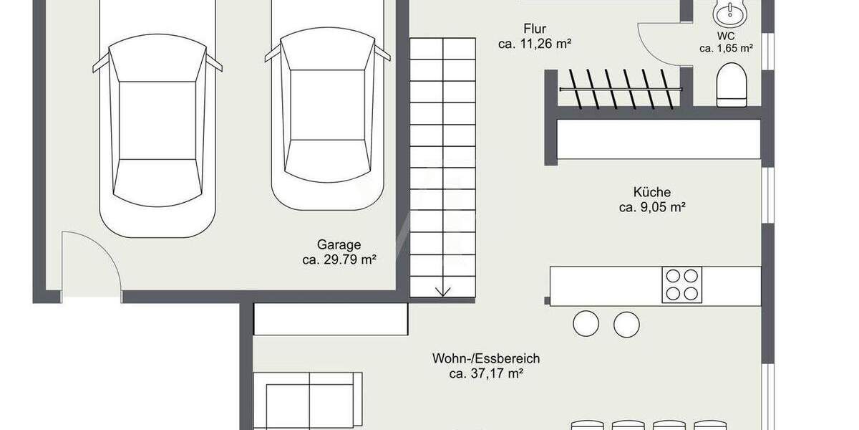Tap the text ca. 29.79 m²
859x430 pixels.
(339, 260)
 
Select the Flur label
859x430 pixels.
(535, 29)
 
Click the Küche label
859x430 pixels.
(651, 192)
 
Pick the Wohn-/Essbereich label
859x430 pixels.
(485, 358)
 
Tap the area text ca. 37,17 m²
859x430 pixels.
(485, 373)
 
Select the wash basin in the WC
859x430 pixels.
(730, 11)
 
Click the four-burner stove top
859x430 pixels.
(681, 285)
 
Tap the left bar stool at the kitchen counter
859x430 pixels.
(586, 324)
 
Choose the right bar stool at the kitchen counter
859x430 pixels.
(626, 324)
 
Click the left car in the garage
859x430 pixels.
(157, 129)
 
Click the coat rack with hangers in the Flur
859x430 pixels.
(620, 87)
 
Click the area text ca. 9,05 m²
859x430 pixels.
(651, 208)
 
